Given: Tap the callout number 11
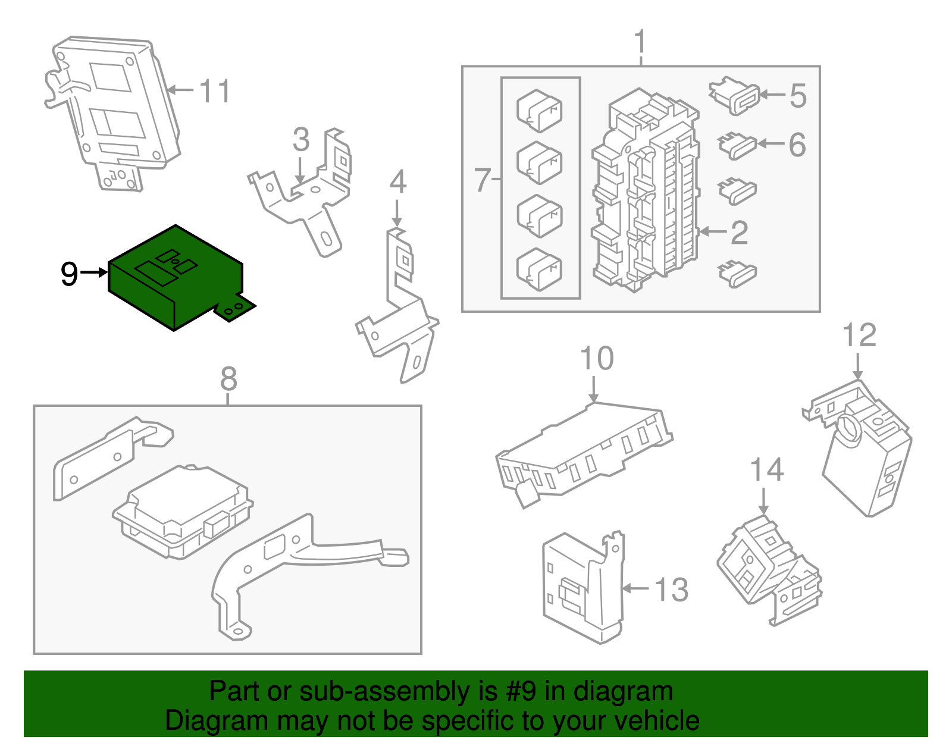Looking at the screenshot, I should (214, 92).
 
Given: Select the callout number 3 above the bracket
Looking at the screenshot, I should (301, 140).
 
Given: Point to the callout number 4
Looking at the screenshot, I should (397, 183).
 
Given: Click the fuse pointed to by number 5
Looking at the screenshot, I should (735, 96).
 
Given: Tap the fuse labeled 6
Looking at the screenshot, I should (738, 145).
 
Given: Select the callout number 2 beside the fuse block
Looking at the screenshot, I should (739, 233).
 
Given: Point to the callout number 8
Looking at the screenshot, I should (228, 378).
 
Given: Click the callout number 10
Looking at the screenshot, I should (597, 359).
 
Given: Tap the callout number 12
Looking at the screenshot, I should (860, 336).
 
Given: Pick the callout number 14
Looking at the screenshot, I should (766, 470).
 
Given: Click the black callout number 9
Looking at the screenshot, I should (69, 274).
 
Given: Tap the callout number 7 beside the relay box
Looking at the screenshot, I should (482, 180).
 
